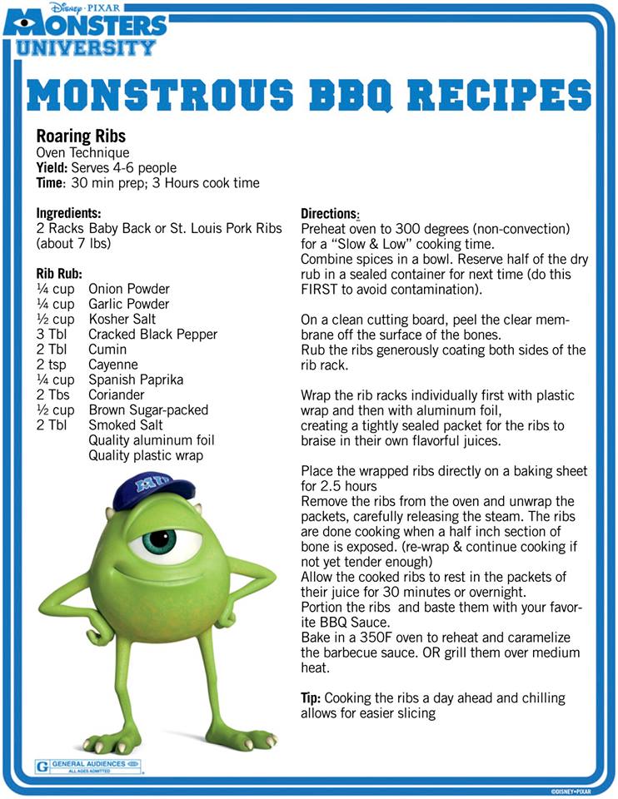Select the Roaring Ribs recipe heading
tap(81, 136)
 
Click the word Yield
tap(52, 168)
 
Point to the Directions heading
tap(329, 213)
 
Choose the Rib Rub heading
tap(58, 273)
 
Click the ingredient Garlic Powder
tap(128, 304)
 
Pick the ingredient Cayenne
tap(112, 365)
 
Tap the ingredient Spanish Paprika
tap(136, 380)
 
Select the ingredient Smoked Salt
tap(125, 424)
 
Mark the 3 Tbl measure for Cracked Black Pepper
tap(52, 334)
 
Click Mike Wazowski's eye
tap(157, 540)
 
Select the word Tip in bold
tap(311, 697)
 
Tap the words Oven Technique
tap(82, 152)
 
